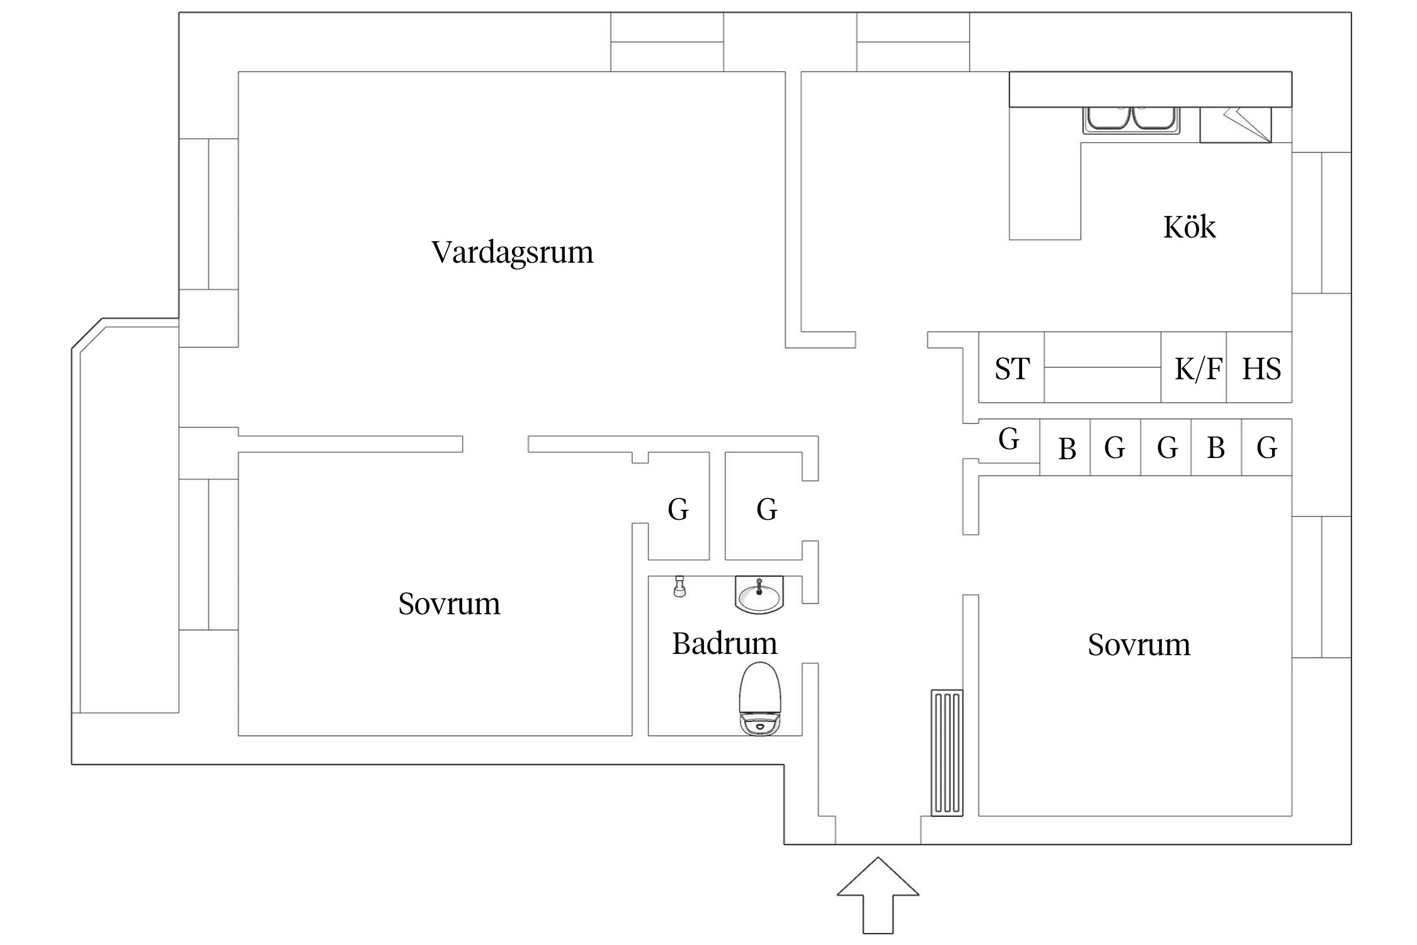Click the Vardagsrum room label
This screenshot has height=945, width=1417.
(x=512, y=252)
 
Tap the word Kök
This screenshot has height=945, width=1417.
(x=1188, y=227)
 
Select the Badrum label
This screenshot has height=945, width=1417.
(x=724, y=643)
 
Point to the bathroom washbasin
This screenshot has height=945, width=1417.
(x=759, y=595)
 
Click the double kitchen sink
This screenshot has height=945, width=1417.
(x=1131, y=119)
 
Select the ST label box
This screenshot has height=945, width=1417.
(x=1011, y=368)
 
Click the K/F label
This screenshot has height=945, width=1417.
(x=1197, y=369)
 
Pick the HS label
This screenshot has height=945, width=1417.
(x=1261, y=369)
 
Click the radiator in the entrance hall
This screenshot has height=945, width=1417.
(x=947, y=753)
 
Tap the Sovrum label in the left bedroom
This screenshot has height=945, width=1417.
(x=449, y=604)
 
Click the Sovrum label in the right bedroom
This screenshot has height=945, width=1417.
(x=1139, y=644)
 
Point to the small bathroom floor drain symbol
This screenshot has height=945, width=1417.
(x=679, y=587)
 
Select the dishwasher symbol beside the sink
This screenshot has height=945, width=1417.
(x=1234, y=125)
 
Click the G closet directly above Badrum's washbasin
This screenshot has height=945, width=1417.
(x=766, y=508)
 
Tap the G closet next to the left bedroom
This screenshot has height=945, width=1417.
(x=678, y=508)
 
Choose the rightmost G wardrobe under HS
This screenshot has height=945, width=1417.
(x=1266, y=448)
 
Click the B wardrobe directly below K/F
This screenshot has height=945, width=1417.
(x=1215, y=448)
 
